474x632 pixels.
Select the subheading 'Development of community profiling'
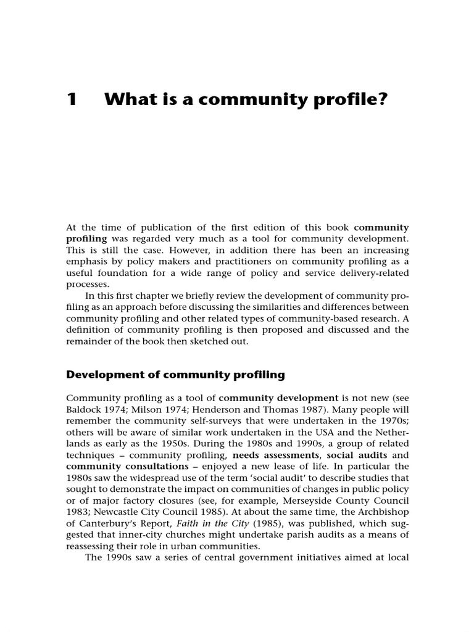(176, 374)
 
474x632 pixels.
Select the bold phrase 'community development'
(278, 397)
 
